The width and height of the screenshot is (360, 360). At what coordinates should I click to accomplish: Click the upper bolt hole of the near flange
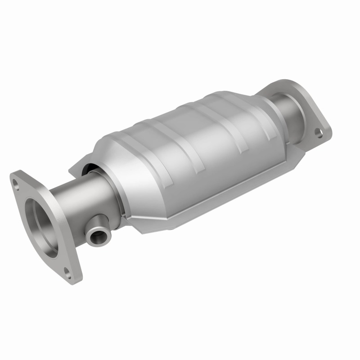click(17, 183)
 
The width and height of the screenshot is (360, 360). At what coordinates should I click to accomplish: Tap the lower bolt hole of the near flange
click(67, 271)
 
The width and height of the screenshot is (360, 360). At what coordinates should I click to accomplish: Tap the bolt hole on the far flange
click(319, 132)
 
